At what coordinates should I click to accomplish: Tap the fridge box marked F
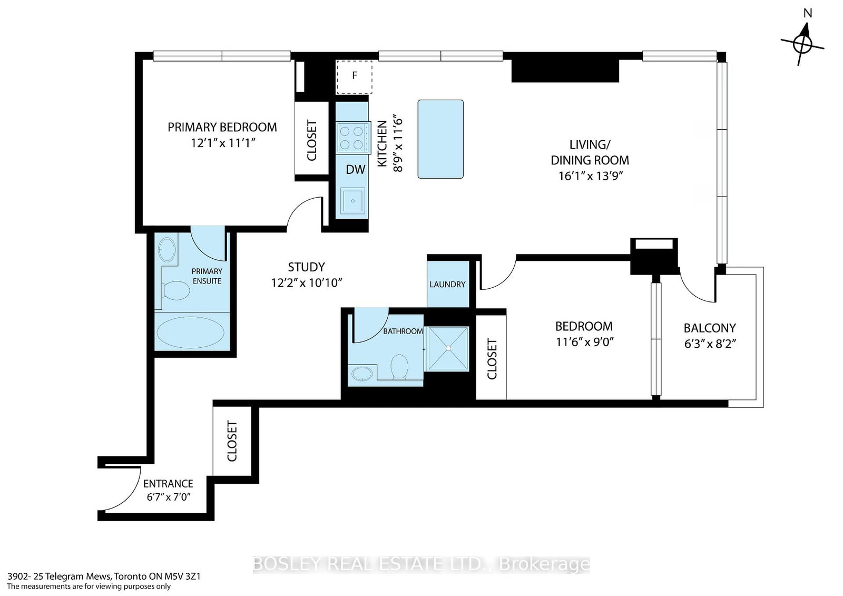(x=354, y=77)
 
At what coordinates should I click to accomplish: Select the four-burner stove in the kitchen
(x=352, y=138)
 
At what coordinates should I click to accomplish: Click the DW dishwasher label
(x=355, y=170)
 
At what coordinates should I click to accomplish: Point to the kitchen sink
(x=352, y=201)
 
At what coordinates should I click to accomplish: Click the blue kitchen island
(x=440, y=139)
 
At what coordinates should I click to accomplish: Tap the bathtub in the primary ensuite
(x=190, y=332)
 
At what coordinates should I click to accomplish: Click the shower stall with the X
(x=448, y=349)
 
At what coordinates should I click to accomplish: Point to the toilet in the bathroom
(x=400, y=367)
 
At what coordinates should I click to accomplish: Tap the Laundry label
(x=447, y=284)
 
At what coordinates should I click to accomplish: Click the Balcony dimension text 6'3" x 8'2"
(x=710, y=344)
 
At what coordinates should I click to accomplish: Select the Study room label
(x=306, y=267)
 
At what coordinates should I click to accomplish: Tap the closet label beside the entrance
(x=231, y=441)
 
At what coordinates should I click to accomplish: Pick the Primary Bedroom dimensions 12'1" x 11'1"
(x=223, y=143)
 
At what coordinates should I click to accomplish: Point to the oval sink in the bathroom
(x=362, y=374)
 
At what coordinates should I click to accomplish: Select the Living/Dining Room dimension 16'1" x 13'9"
(x=590, y=176)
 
